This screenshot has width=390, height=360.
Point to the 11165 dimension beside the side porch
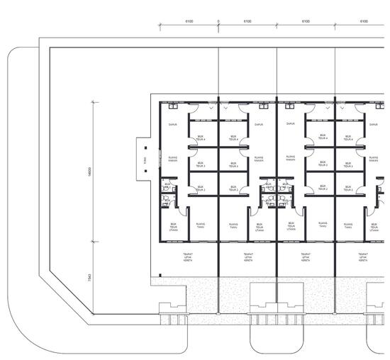point(145,160)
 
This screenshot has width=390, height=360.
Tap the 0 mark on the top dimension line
point(218,22)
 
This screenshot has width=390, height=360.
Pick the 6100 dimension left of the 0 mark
point(189,22)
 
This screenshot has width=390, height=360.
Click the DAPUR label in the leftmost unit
point(172,124)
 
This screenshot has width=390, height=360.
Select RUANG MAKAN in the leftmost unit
point(172,159)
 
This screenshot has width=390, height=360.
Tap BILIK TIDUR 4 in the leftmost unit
point(201,138)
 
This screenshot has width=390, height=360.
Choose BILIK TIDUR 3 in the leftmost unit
point(201,164)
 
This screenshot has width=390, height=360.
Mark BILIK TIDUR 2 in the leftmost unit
point(201,189)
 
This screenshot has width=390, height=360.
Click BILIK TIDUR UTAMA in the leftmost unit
point(173,226)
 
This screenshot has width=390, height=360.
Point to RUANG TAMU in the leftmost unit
point(201,226)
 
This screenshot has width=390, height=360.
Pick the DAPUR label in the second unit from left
point(259,124)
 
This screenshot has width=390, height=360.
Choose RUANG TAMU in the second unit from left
point(233,226)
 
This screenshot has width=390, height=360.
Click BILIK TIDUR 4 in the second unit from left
point(233,138)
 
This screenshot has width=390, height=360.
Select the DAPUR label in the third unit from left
point(290,124)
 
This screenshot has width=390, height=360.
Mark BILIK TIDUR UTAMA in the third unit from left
point(291,226)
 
